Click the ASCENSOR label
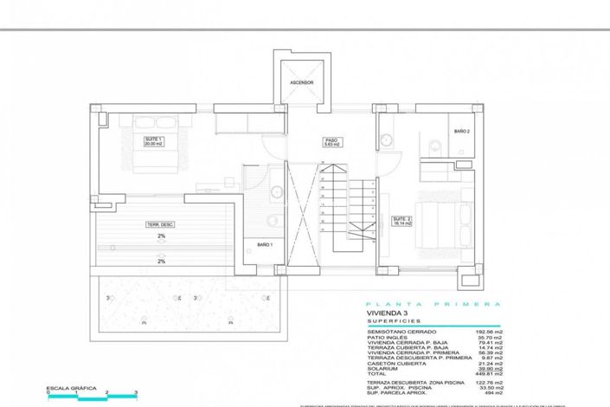(301, 82)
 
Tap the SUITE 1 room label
(155, 141)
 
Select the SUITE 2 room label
(401, 220)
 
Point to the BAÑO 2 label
(461, 131)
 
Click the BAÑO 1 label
(265, 245)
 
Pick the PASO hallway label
(331, 141)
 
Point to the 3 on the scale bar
(136, 394)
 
